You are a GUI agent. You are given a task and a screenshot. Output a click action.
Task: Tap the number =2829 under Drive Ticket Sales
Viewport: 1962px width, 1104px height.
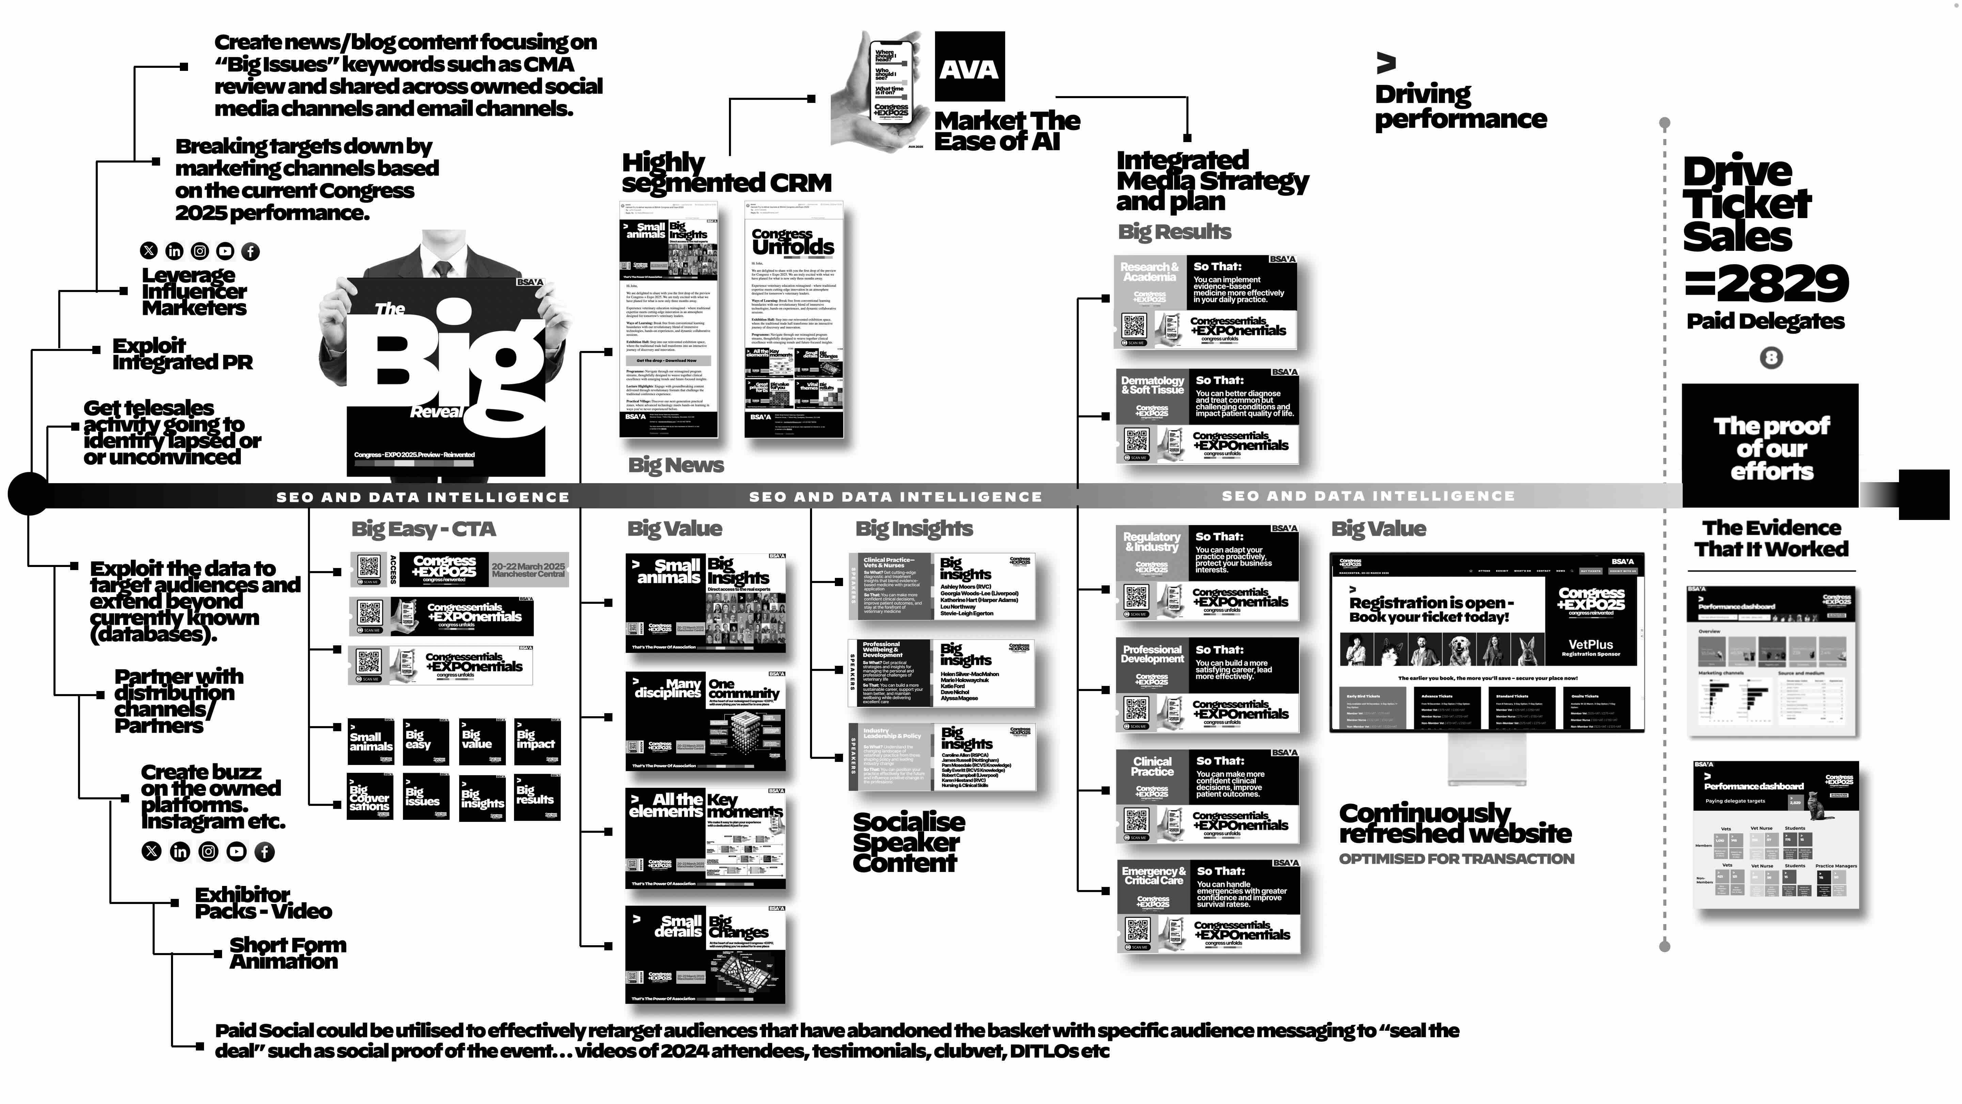1765,283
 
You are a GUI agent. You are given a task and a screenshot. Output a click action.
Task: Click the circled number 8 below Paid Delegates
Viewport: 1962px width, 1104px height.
1771,357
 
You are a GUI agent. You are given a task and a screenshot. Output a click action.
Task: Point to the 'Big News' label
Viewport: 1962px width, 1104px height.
675,465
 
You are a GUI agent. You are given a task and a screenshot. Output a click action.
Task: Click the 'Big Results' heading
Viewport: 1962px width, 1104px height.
1174,232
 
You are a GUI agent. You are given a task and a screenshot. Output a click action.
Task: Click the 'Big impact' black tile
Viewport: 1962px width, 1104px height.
537,740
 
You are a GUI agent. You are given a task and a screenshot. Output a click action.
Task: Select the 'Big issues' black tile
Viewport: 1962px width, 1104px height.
426,797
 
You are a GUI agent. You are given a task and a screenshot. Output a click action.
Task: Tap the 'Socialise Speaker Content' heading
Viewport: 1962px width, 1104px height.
908,842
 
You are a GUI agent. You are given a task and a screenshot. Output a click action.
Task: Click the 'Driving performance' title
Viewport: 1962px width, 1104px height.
1460,107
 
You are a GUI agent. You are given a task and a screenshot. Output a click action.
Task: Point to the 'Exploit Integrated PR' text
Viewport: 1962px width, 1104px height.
182,354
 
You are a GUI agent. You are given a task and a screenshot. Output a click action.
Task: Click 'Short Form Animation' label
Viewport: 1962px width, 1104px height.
287,953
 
